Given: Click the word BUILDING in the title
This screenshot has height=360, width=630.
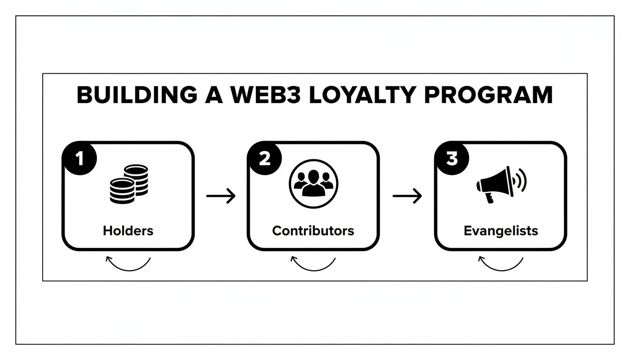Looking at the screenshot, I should coord(136,95).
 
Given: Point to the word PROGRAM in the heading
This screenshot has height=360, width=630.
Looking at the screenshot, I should coord(489,95).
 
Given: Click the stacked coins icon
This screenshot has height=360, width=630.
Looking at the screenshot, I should coord(129,183).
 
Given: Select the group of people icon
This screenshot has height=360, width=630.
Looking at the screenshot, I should coord(314,183).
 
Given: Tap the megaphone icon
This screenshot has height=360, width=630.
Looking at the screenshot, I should coord(495,185).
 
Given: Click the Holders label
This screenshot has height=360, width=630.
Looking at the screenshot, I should coord(128,231).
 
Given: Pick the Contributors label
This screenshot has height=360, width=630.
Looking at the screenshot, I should coord(313,231).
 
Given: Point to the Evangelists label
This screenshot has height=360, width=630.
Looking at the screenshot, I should coord(501,231).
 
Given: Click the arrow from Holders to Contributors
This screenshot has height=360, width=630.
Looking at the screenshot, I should coord(221,196).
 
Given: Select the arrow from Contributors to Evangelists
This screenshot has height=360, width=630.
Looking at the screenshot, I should coord(407,196).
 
